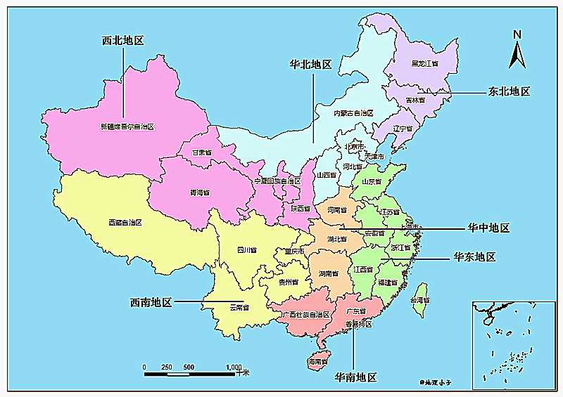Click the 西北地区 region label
click(x=123, y=41)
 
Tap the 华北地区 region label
click(x=310, y=64)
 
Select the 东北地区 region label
click(x=508, y=91)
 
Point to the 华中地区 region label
click(x=488, y=228)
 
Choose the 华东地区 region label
click(x=474, y=257)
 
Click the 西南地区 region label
click(x=151, y=302)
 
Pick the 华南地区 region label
click(x=355, y=377)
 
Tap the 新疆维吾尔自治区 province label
click(x=127, y=127)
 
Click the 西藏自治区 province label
click(x=126, y=222)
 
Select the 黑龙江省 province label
click(x=425, y=63)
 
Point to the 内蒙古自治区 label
click(x=353, y=113)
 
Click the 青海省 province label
click(x=200, y=192)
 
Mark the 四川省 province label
click(x=246, y=249)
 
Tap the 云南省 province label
click(x=240, y=307)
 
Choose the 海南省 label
click(x=318, y=361)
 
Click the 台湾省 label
click(x=421, y=300)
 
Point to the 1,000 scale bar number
click(x=234, y=367)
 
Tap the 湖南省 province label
click(x=331, y=273)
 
